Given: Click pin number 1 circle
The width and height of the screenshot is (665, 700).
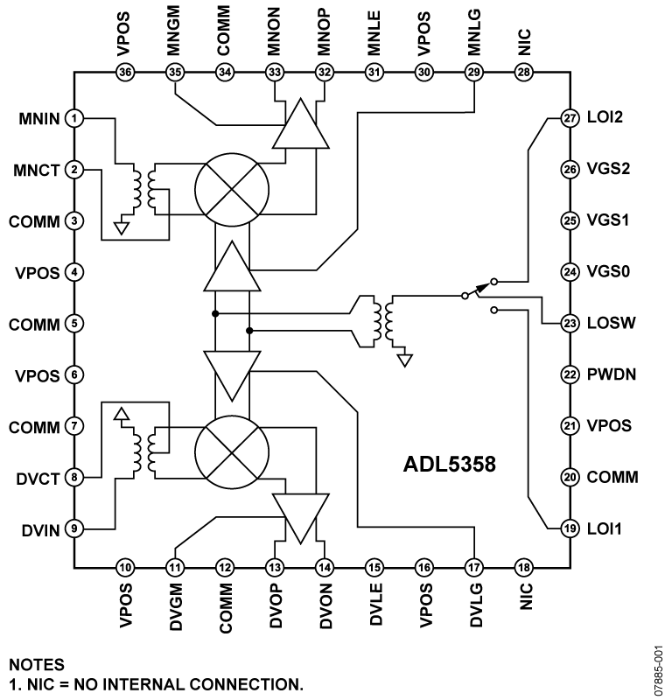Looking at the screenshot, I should (76, 117).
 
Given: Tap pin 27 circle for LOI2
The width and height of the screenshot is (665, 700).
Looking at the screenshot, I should (570, 117).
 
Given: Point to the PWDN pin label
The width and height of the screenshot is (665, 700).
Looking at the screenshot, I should (612, 374).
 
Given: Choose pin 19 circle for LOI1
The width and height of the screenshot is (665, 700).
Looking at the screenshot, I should (570, 529).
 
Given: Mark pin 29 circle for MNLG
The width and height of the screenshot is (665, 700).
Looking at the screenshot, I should (475, 73).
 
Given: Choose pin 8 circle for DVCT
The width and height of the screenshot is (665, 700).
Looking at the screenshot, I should (76, 478).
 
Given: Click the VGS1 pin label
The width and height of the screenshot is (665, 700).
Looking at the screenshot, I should (609, 220).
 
